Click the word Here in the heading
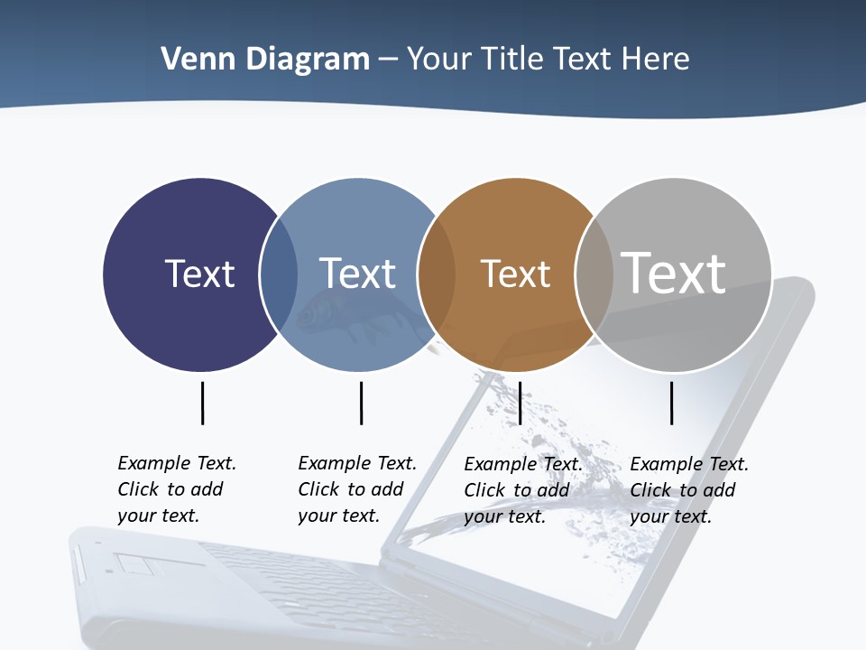(x=656, y=59)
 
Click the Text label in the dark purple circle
(x=199, y=274)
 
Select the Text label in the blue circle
(x=357, y=274)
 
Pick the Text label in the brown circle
(x=515, y=274)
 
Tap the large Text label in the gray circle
(x=674, y=273)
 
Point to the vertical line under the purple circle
(x=202, y=403)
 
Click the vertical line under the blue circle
(x=361, y=403)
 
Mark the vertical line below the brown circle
(x=520, y=403)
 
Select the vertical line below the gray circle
(x=671, y=403)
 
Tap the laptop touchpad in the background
(x=140, y=565)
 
